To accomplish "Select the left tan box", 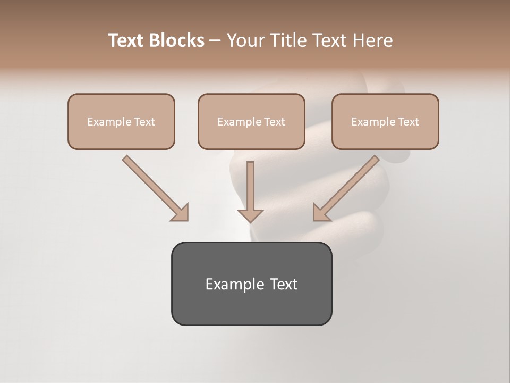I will click(121, 121).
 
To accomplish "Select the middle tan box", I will click(251, 121).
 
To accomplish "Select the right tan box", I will click(385, 121).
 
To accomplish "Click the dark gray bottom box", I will click(251, 284).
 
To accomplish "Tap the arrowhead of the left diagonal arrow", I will click(181, 212).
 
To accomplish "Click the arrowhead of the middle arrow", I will click(250, 215).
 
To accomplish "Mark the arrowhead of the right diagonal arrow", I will click(321, 212).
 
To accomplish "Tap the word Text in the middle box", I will click(274, 122).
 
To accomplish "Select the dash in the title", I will click(215, 40).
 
